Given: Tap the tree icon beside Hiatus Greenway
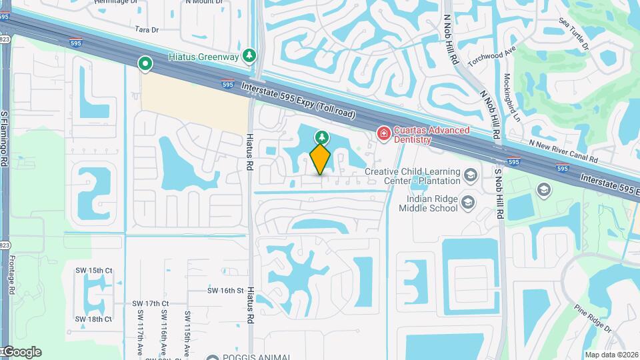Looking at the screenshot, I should coord(249,55).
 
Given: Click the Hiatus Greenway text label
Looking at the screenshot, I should coord(203,57).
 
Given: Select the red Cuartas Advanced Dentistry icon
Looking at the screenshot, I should coord(383,135).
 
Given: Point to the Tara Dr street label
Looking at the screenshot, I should coord(147,30).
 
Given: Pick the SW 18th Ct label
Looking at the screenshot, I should coord(93,319).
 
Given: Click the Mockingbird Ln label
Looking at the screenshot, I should coord(511,97).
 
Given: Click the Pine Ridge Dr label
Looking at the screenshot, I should coord(592,319).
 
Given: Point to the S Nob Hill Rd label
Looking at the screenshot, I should coord(498,193).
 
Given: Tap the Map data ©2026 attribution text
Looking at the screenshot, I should coord(611,355).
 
